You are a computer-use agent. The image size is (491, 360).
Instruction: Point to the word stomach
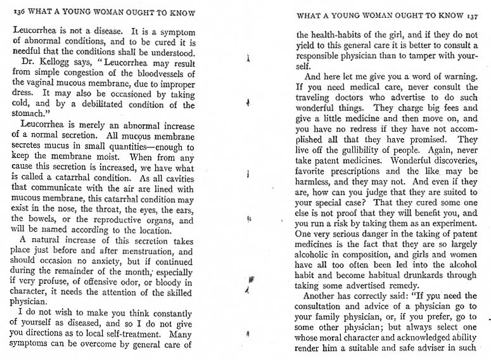(x=30, y=115)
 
